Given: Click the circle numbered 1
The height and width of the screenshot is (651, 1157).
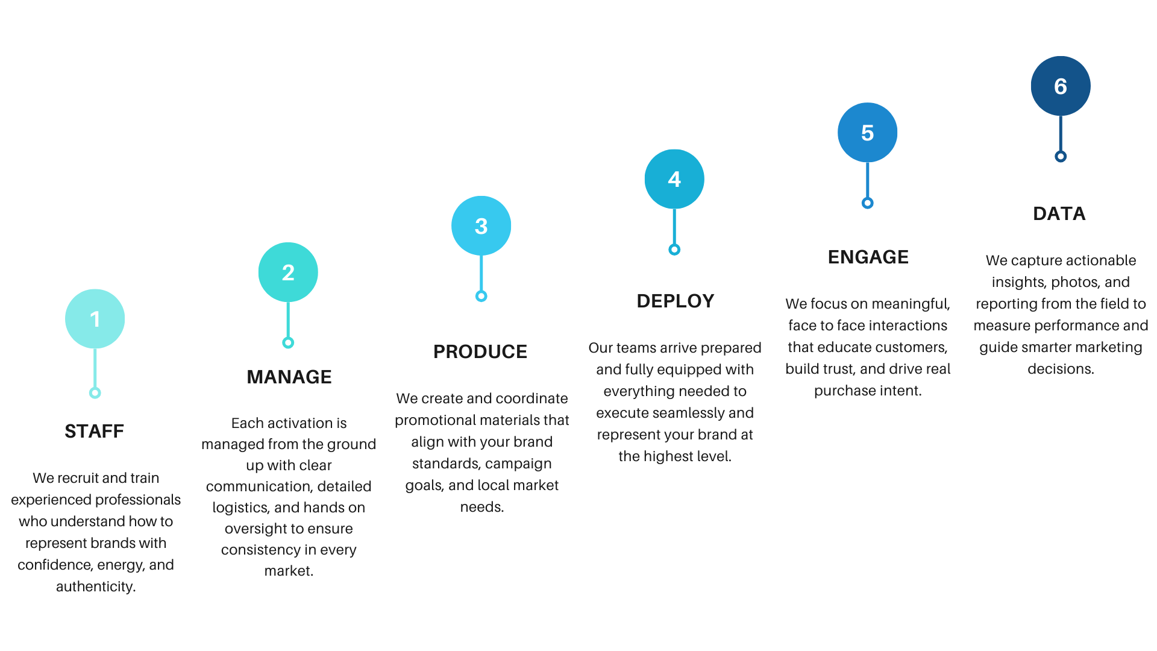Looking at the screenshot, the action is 95,319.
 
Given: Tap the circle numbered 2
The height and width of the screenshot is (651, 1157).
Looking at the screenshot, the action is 288,272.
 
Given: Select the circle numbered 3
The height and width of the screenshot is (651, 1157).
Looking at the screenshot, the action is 481,226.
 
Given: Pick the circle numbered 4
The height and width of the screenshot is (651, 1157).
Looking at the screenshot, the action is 674,179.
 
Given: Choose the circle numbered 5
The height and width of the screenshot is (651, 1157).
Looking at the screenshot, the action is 867,133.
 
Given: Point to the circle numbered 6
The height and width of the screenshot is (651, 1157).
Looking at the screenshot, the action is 1061,86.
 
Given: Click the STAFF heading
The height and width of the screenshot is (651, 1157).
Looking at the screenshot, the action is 95,431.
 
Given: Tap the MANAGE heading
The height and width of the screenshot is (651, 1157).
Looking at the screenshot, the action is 289,377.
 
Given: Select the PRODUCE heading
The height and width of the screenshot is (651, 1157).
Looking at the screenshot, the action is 480,351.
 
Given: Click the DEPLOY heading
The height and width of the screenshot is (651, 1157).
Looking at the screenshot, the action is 676,301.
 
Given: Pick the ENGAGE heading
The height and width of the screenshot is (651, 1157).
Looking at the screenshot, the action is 868,257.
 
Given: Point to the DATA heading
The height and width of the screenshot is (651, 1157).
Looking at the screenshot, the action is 1059,213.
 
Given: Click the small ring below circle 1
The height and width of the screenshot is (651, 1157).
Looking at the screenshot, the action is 95,393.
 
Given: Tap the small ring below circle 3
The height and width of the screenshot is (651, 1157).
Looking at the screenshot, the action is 481,296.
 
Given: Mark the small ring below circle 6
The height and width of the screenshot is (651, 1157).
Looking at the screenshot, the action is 1061,157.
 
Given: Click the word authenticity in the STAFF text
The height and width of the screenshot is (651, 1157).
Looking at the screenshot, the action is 95,587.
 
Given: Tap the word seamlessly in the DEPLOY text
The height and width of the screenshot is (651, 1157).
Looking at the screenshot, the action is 691,413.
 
